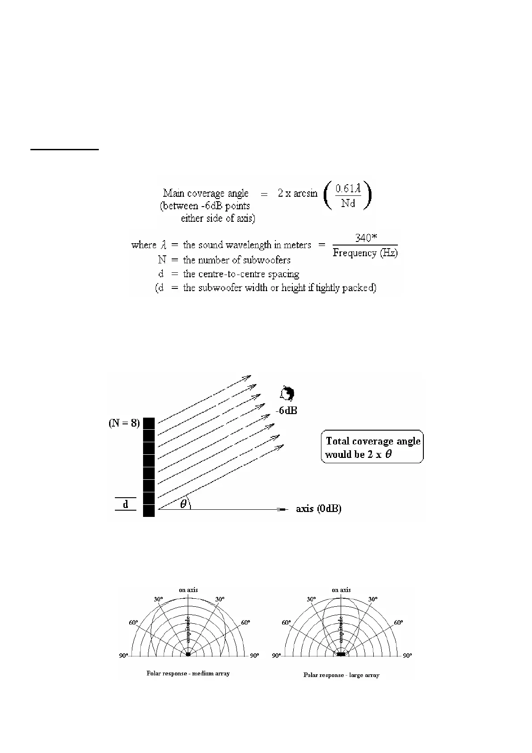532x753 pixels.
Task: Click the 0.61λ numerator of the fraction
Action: (x=348, y=189)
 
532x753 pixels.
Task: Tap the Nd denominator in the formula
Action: (x=348, y=204)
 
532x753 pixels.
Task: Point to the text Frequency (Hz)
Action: (x=365, y=253)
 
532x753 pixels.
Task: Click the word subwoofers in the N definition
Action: (x=264, y=260)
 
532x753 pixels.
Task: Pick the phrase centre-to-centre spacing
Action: (x=241, y=274)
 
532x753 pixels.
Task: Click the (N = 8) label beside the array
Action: (x=124, y=423)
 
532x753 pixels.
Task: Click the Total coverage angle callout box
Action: (x=372, y=447)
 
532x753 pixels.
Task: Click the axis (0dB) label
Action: (x=319, y=509)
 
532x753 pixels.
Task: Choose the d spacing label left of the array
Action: (x=126, y=504)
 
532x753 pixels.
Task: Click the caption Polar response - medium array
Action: (x=188, y=673)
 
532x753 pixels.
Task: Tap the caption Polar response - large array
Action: (x=341, y=675)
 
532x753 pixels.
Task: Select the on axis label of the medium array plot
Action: (x=188, y=590)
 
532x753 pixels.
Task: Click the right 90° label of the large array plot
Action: (x=407, y=656)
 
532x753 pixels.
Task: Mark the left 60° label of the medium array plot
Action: (x=134, y=622)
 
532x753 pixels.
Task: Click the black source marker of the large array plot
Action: (x=341, y=654)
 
